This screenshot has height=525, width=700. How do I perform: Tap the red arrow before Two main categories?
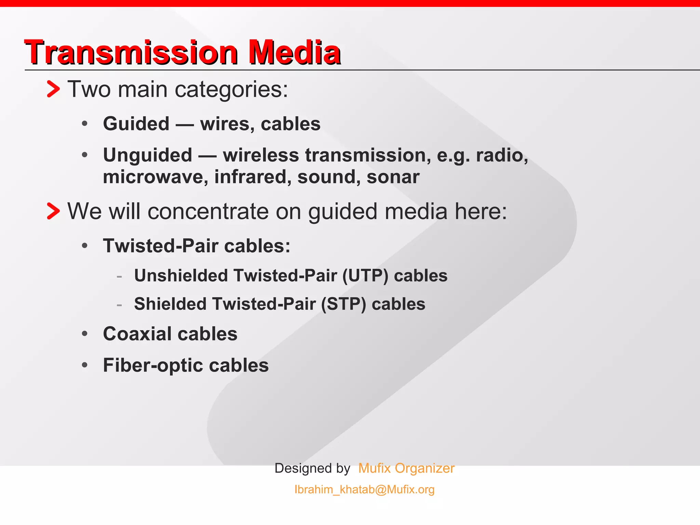click(x=53, y=89)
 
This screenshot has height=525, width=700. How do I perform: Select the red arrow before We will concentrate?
click(x=53, y=211)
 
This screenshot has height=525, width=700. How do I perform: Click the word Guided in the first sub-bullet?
click(x=136, y=124)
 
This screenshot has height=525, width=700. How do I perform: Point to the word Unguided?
click(x=148, y=155)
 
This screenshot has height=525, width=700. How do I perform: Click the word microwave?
click(x=156, y=177)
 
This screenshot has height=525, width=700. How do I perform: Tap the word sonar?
click(x=393, y=177)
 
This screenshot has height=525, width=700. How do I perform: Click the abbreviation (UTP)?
click(x=365, y=276)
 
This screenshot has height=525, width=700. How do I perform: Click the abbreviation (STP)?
click(x=344, y=304)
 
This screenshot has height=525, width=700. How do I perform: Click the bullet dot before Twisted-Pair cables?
click(x=85, y=246)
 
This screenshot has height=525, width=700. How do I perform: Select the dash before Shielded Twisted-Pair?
click(x=119, y=304)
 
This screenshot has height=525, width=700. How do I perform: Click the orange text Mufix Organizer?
click(x=406, y=468)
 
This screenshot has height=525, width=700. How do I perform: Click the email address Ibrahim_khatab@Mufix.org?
click(x=364, y=489)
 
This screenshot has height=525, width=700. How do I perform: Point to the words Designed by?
click(x=312, y=468)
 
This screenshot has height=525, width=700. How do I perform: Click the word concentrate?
click(x=208, y=211)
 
